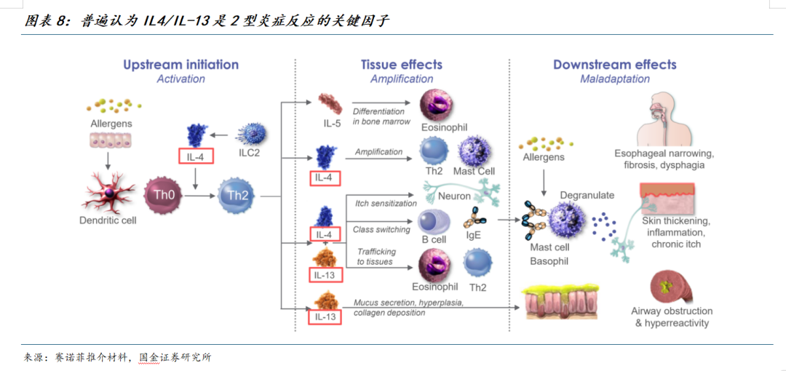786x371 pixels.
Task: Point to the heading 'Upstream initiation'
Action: (180, 64)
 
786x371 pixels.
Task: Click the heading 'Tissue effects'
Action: (402, 64)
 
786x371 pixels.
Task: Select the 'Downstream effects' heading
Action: (614, 64)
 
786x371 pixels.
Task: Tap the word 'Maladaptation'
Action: (614, 79)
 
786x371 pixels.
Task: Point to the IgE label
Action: (473, 235)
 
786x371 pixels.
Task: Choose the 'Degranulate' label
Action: (587, 195)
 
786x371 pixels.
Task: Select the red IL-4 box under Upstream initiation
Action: (195, 155)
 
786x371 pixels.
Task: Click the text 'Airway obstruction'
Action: (671, 311)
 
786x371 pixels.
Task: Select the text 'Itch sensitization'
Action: (386, 203)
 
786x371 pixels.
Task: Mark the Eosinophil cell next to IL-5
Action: (439, 104)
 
